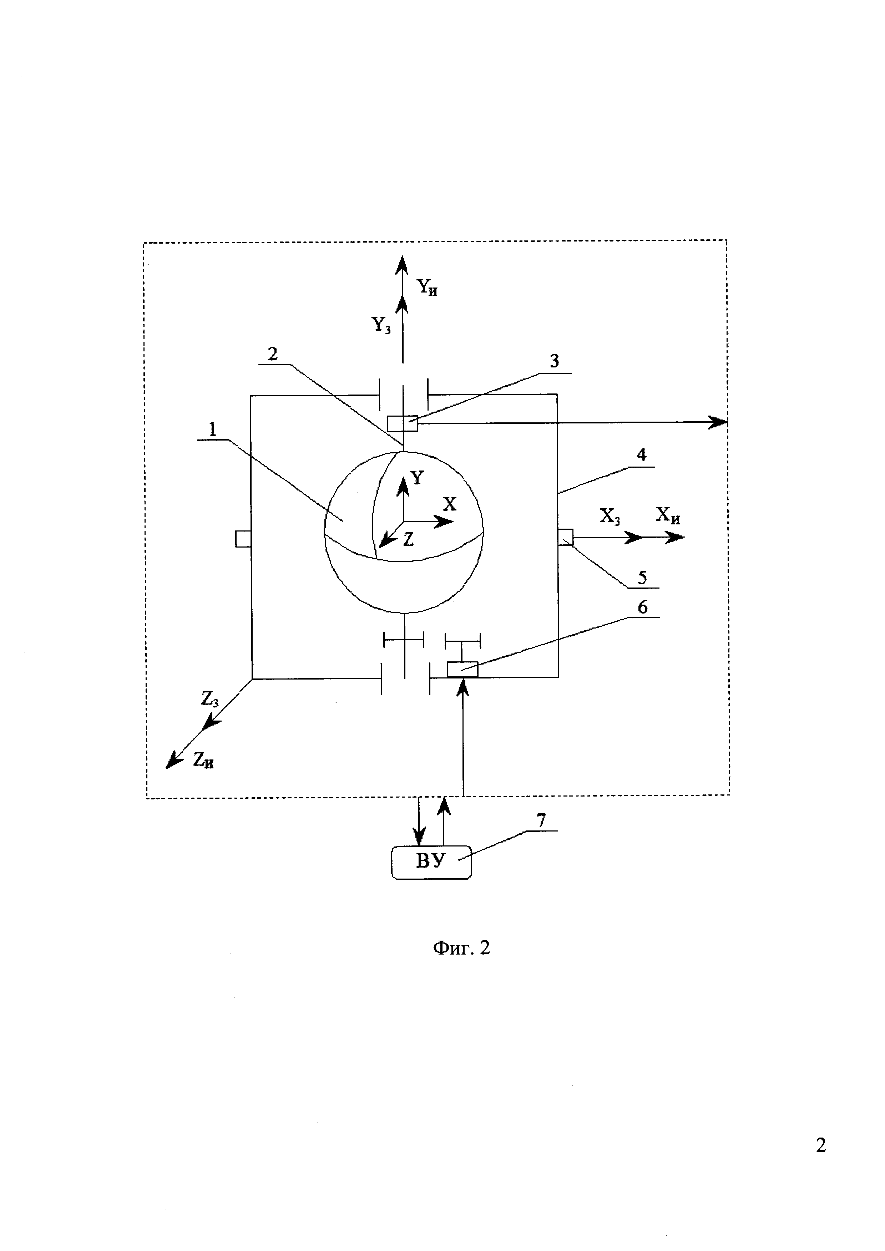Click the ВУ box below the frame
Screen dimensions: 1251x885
(430, 862)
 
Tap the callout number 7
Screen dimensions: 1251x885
(541, 820)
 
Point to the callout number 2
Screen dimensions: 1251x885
(273, 354)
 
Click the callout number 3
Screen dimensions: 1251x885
(554, 361)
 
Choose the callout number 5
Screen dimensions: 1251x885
(642, 578)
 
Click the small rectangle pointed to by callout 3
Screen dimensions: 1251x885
(402, 423)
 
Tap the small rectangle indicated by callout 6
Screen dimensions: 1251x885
(462, 670)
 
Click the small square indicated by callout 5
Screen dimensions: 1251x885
(566, 537)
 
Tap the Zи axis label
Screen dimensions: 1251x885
(203, 760)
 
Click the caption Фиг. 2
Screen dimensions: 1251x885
(461, 948)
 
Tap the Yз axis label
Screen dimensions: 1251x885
(381, 325)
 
